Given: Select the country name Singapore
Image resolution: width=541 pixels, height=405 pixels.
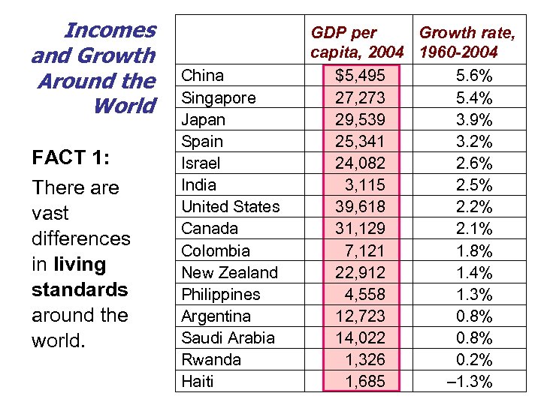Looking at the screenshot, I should (219, 97).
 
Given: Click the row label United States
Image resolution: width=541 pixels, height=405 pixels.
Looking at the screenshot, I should (230, 206).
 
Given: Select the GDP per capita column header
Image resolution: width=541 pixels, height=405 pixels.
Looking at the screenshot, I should (358, 42).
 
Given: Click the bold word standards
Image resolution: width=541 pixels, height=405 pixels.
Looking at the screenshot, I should (80, 289).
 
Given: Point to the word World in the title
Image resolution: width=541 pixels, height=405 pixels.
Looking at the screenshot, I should (124, 106).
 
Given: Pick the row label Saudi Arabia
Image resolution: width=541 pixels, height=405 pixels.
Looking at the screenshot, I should (228, 337).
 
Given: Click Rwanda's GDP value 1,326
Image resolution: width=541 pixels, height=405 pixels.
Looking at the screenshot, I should (365, 359).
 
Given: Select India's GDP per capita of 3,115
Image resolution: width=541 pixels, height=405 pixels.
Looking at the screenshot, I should (365, 184).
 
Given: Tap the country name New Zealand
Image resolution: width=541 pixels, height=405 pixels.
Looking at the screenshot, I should (229, 272).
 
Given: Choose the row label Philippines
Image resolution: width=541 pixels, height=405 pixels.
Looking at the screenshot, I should (221, 294).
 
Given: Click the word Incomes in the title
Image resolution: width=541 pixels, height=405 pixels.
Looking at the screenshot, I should (110, 31).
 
